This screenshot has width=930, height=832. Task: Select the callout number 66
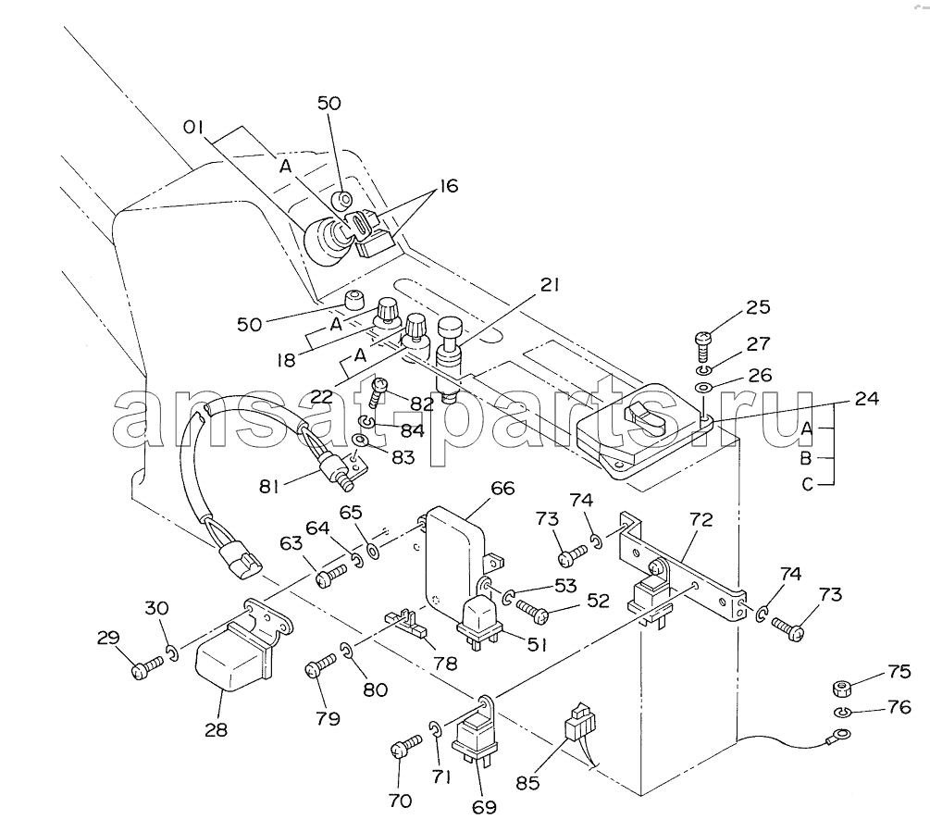502,489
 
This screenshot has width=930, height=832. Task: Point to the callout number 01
193,126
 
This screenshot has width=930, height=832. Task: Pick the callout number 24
867,400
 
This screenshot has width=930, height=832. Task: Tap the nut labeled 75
842,689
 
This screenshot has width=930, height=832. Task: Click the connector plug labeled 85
579,725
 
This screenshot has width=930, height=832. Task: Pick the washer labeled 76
842,713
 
